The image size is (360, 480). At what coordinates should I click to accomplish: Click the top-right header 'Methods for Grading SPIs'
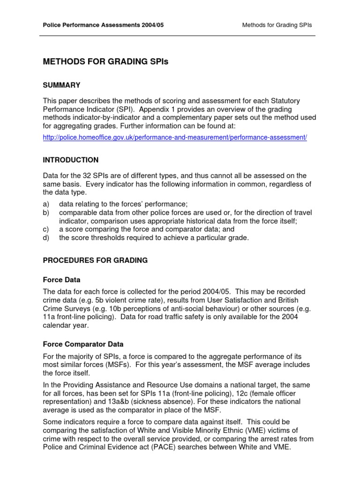(277, 25)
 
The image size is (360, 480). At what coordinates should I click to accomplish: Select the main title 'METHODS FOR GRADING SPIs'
(105, 61)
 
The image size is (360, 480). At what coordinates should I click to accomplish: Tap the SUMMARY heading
(62, 85)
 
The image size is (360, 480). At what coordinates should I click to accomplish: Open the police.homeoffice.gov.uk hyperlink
(175, 138)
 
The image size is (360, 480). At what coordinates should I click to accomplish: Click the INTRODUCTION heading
(71, 160)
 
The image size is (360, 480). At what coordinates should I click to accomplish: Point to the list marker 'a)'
(46, 204)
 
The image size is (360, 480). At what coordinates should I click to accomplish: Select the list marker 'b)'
(46, 213)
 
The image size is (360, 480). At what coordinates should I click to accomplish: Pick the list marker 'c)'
(46, 229)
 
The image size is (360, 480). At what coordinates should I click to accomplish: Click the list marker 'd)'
(46, 238)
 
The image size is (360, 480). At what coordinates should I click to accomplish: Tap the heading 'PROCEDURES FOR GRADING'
(95, 260)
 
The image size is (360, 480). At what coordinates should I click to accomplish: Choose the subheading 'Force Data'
(61, 280)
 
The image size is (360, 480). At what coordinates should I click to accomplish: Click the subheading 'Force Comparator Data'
(83, 344)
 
